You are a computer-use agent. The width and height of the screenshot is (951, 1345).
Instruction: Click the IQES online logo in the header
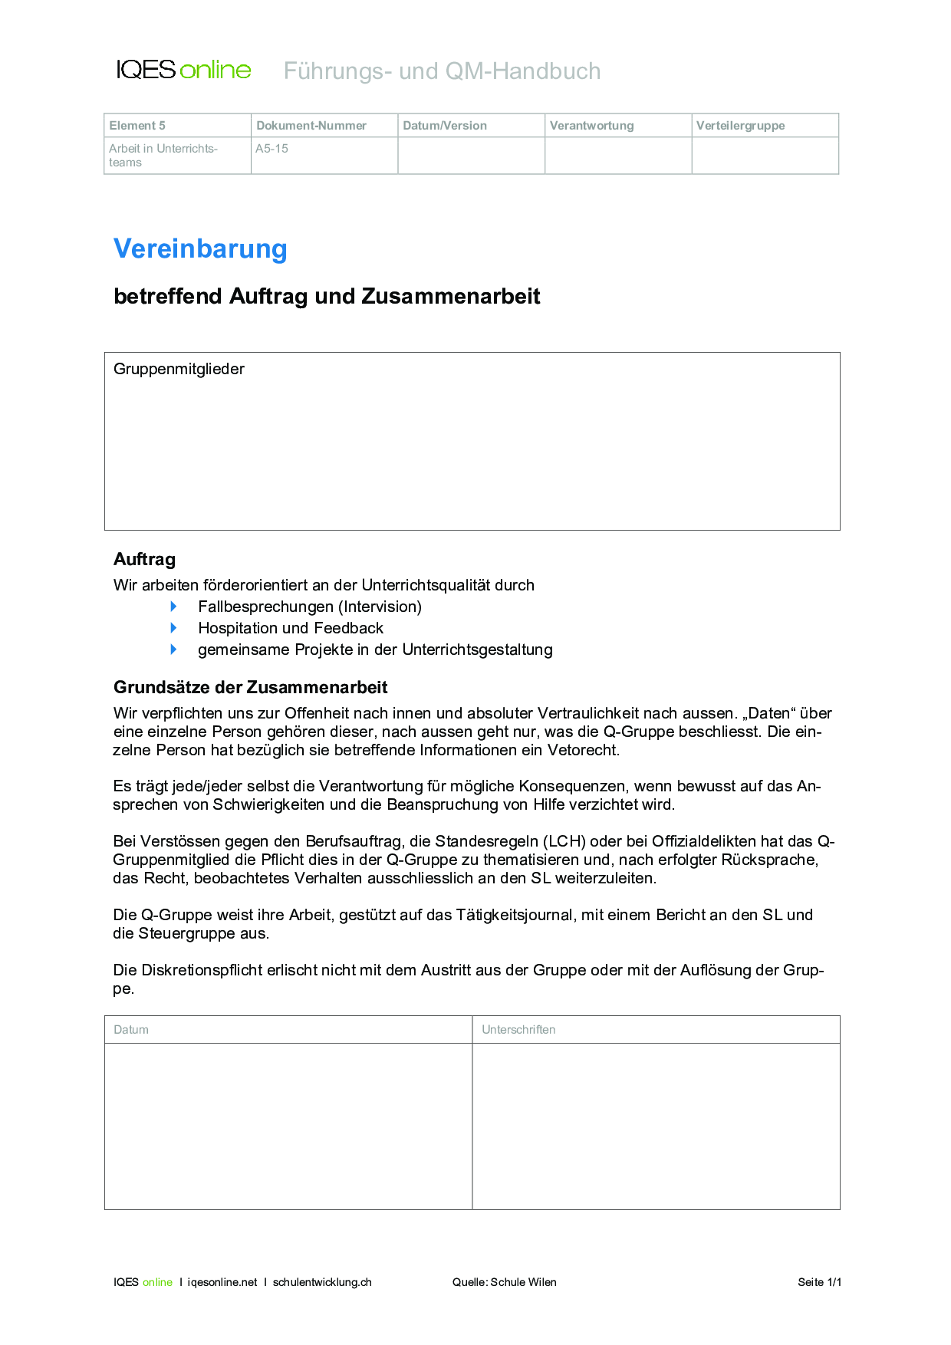(183, 70)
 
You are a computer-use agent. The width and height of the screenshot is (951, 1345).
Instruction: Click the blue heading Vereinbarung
(200, 248)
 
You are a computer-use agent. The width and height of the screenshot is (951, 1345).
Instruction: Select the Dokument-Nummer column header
(311, 126)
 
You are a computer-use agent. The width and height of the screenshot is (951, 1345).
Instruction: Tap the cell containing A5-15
(272, 149)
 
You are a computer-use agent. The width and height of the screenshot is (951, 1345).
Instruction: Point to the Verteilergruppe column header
(740, 126)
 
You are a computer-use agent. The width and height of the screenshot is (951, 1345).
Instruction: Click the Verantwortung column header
(591, 126)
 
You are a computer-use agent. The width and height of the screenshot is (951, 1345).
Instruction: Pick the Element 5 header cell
(137, 126)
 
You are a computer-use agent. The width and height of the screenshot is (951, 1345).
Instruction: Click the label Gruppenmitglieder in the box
(179, 369)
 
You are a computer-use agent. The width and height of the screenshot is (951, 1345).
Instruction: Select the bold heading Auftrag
(144, 560)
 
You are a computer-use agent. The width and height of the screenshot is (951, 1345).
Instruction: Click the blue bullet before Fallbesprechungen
(174, 607)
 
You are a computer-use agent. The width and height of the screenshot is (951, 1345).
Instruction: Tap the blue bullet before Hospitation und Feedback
(174, 628)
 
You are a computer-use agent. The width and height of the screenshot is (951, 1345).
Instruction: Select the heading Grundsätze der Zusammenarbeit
(250, 687)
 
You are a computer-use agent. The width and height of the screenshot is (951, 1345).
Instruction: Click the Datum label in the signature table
(131, 1030)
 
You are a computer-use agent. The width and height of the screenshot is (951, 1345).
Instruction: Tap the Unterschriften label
(518, 1030)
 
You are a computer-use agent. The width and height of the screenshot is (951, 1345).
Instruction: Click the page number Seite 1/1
(819, 1282)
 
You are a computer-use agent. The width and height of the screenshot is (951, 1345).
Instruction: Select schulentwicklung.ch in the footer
(322, 1282)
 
